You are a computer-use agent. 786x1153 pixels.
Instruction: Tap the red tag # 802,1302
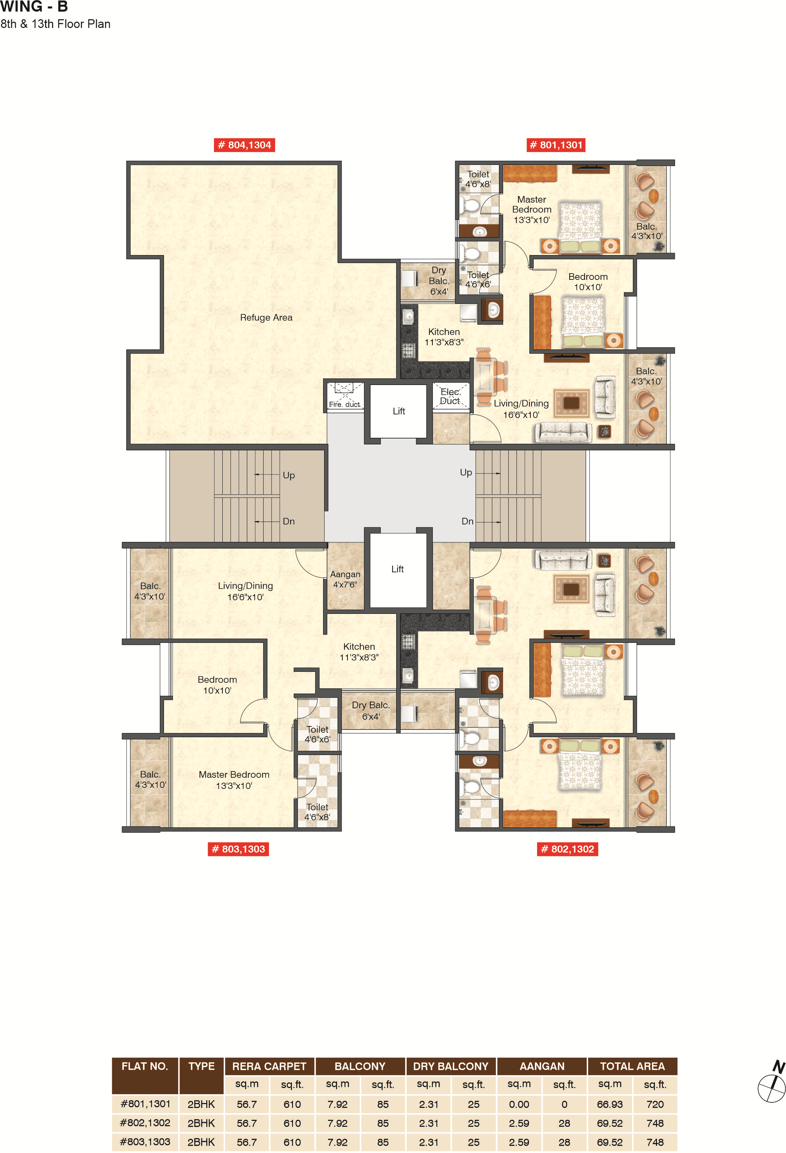click(567, 849)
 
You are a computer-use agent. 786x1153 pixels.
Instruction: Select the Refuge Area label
click(266, 318)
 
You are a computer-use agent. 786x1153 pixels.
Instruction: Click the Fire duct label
click(344, 404)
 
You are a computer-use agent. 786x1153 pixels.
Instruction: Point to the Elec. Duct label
click(450, 397)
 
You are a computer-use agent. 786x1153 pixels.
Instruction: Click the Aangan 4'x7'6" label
click(345, 579)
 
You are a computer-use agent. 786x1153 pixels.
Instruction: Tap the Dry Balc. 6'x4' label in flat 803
click(370, 710)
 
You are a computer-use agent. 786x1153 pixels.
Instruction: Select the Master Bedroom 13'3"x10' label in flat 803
click(234, 780)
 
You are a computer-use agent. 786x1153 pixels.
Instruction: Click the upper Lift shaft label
click(399, 411)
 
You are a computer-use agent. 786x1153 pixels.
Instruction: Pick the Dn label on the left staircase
click(288, 521)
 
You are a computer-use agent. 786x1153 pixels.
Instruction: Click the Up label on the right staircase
click(466, 472)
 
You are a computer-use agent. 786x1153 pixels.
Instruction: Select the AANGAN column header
click(542, 1066)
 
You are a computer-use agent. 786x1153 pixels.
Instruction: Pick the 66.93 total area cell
click(609, 1104)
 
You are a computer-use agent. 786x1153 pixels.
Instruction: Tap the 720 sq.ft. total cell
click(655, 1104)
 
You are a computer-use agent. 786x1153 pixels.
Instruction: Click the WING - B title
click(34, 7)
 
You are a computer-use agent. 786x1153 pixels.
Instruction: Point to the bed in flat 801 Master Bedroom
click(580, 226)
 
